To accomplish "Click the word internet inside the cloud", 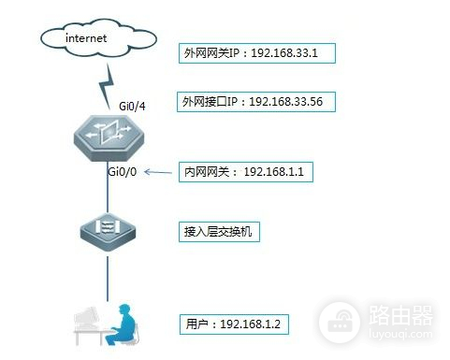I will (87, 39).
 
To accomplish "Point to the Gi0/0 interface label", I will (124, 172).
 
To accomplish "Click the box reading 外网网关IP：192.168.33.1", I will (257, 53).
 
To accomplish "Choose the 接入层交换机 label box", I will (219, 231).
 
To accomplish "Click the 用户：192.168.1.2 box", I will (234, 324).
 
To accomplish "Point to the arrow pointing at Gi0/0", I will (160, 172).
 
